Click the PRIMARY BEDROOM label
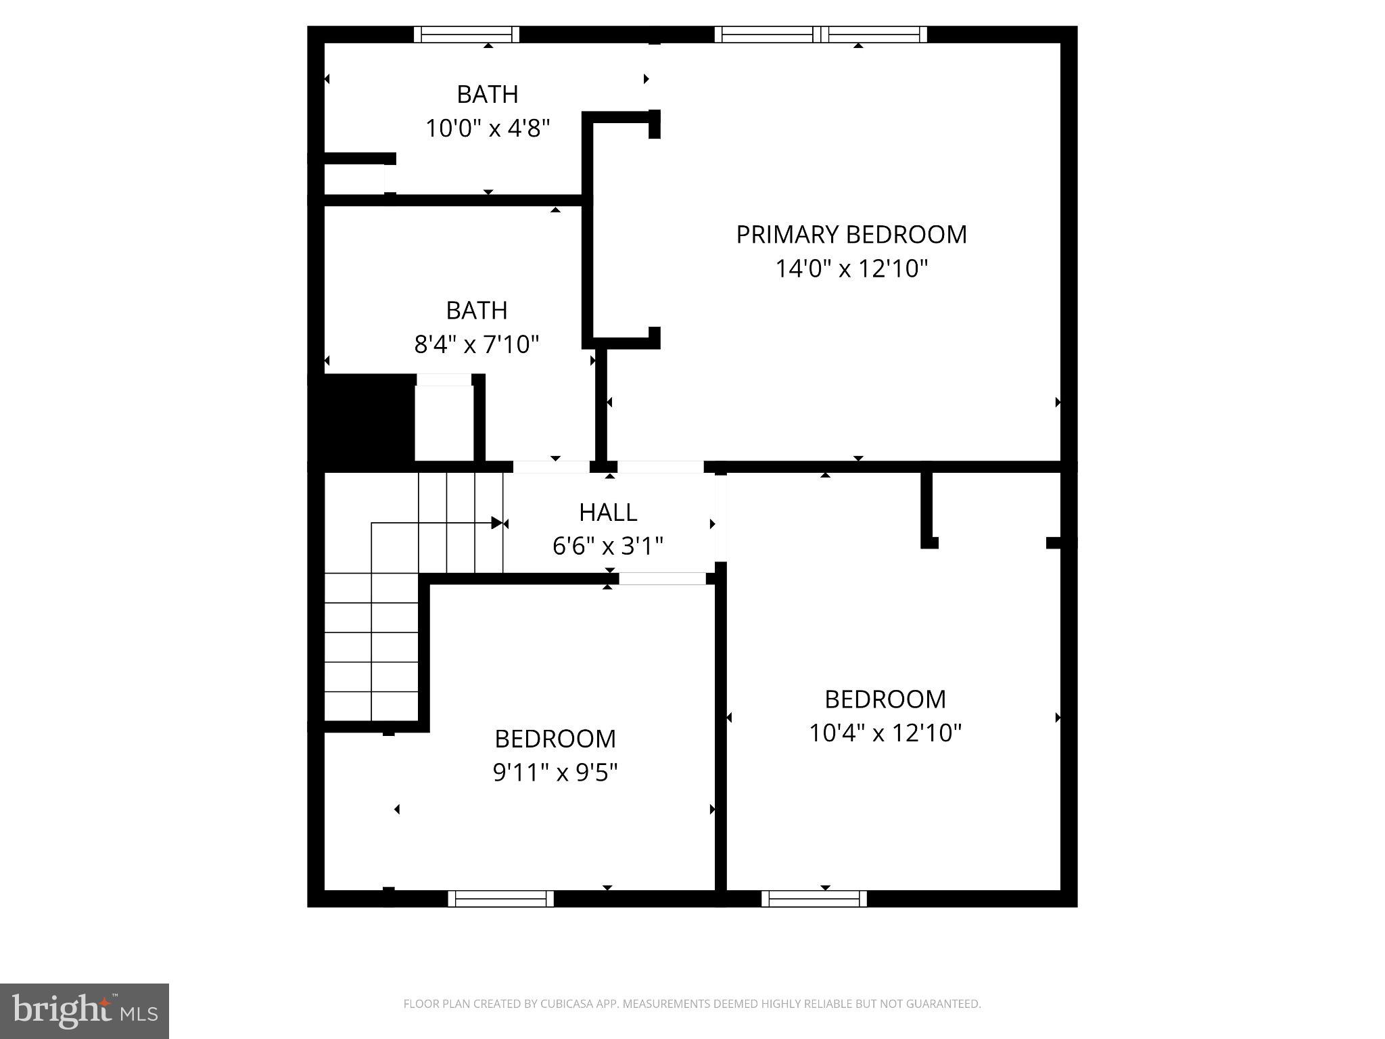click(851, 235)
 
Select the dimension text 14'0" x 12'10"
click(851, 269)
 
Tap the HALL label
click(607, 513)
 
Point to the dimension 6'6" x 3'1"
click(607, 546)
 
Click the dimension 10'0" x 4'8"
click(487, 129)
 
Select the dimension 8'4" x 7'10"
click(476, 345)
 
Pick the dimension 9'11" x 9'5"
click(555, 772)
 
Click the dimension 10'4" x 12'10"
click(885, 733)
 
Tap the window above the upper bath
click(467, 34)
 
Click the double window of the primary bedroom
click(820, 34)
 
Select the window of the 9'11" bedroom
click(500, 898)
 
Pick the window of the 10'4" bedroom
click(814, 898)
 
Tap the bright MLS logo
click(84, 1011)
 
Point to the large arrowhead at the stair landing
click(497, 523)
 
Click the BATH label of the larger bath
click(476, 310)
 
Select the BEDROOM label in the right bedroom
click(885, 699)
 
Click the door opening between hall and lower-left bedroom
click(662, 578)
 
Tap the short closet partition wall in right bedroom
click(927, 507)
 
